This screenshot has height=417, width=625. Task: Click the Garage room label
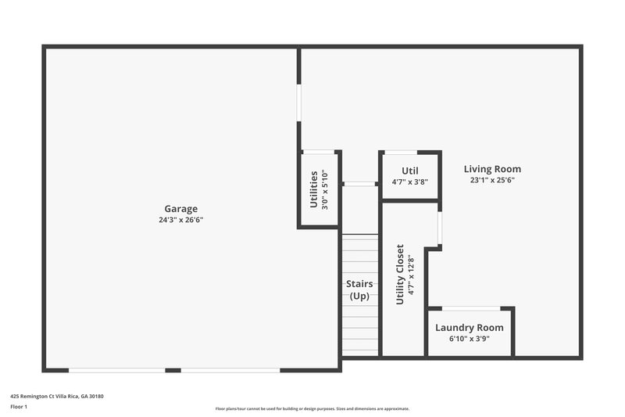[x=180, y=208]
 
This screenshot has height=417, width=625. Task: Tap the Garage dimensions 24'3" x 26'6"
[x=180, y=220]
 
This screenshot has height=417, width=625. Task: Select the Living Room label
[x=492, y=169]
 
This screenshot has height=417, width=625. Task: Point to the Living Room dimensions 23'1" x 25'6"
[x=492, y=180]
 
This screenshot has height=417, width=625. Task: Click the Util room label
[x=410, y=171]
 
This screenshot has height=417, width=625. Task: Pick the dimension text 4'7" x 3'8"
[x=410, y=182]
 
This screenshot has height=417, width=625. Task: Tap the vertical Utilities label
[x=314, y=189]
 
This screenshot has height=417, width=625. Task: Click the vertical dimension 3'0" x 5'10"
[x=325, y=189]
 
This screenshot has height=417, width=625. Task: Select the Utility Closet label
[x=400, y=274]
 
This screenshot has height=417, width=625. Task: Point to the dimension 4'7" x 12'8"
[x=410, y=274]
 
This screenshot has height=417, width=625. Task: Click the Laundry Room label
[x=469, y=328]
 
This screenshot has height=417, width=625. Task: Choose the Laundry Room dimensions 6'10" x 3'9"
[x=469, y=340]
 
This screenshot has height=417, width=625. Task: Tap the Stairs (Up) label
[x=359, y=289]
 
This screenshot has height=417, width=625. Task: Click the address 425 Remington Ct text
[x=57, y=396]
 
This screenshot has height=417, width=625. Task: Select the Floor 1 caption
[x=19, y=407]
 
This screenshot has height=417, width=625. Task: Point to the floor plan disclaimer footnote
[x=312, y=408]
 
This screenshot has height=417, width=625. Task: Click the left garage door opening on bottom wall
[x=117, y=370]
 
